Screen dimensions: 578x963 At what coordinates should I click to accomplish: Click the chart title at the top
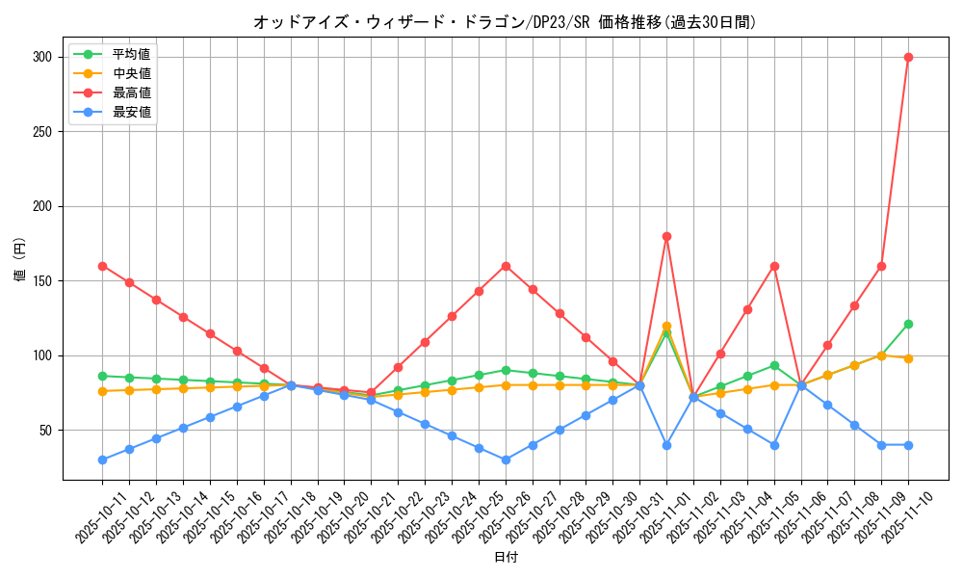[511, 22]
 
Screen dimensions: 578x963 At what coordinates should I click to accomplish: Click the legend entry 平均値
[131, 54]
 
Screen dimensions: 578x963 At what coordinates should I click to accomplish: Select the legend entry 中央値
[131, 73]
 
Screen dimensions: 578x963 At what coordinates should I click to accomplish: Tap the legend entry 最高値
[131, 92]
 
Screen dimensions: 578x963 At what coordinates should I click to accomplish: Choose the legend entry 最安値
[131, 112]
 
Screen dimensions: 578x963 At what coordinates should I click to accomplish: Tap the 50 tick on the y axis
[44, 431]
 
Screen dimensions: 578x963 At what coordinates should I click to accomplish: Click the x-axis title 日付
[506, 558]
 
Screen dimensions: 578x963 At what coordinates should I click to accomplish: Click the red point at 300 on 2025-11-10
[908, 57]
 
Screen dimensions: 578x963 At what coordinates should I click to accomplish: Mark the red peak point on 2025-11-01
[666, 236]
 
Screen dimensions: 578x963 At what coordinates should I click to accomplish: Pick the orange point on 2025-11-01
[666, 327]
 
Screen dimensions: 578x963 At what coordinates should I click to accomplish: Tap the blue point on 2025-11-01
[666, 445]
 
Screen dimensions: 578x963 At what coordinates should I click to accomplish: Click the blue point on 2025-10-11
[102, 460]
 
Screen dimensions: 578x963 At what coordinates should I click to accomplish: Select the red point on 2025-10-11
[102, 266]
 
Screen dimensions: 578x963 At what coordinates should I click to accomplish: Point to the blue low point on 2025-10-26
[506, 460]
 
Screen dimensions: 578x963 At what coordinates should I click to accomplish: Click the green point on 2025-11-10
[908, 324]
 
